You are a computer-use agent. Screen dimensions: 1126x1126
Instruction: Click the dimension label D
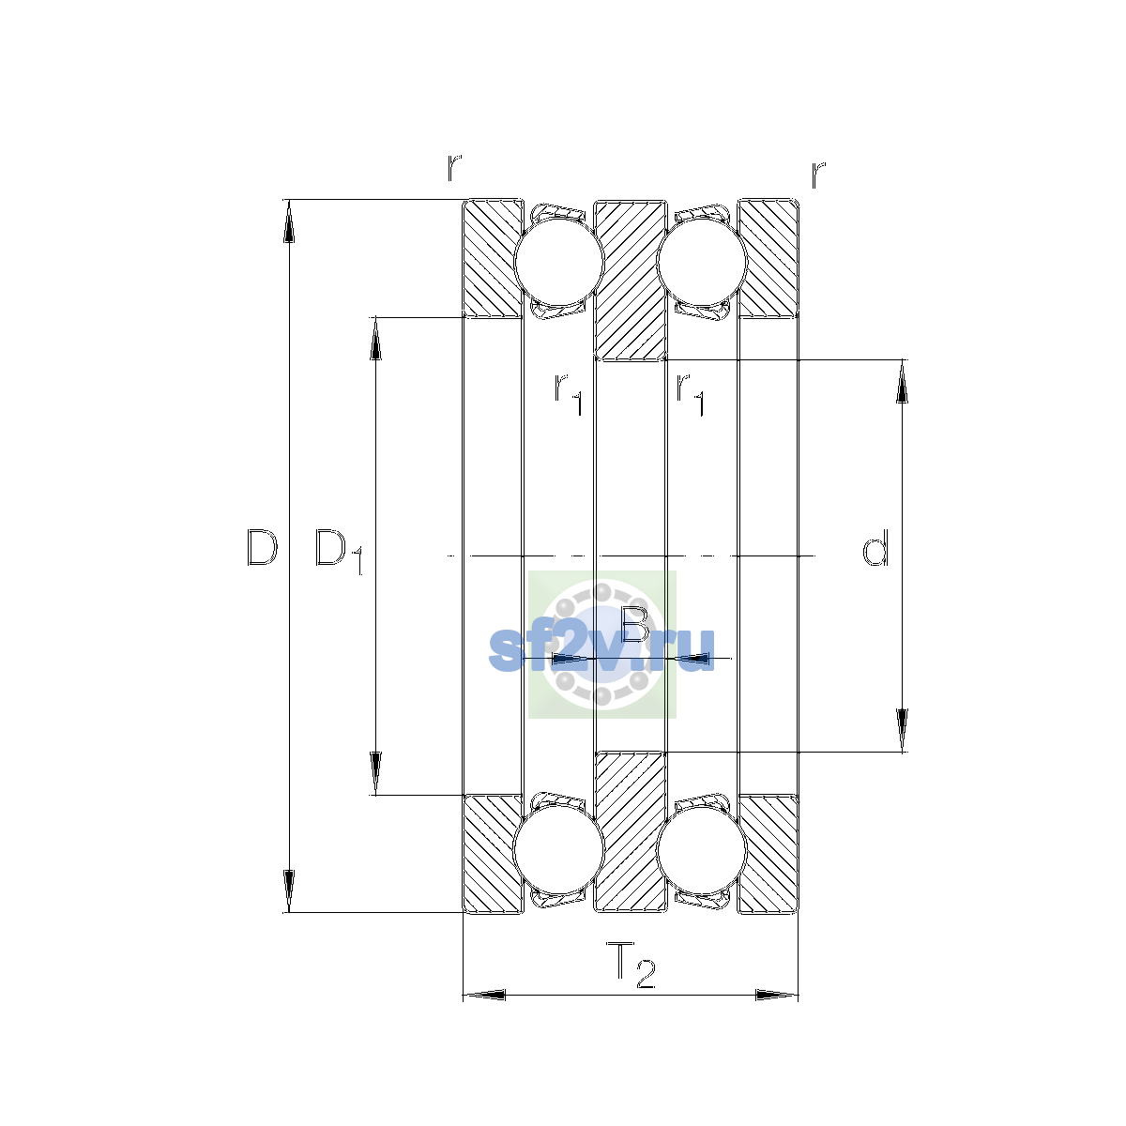[x=262, y=547]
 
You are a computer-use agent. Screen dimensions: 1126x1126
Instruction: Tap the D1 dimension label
[x=339, y=552]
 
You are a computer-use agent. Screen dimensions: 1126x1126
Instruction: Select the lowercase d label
[x=875, y=547]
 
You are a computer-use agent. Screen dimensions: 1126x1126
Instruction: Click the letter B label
[x=635, y=624]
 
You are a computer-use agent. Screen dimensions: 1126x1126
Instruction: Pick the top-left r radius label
[x=454, y=168]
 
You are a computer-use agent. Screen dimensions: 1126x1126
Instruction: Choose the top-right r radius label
[x=818, y=175]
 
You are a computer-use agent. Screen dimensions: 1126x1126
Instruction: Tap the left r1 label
[x=568, y=394]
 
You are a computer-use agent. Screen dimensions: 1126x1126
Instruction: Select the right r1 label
[x=690, y=394]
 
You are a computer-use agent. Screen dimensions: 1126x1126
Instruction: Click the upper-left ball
[x=558, y=263]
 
